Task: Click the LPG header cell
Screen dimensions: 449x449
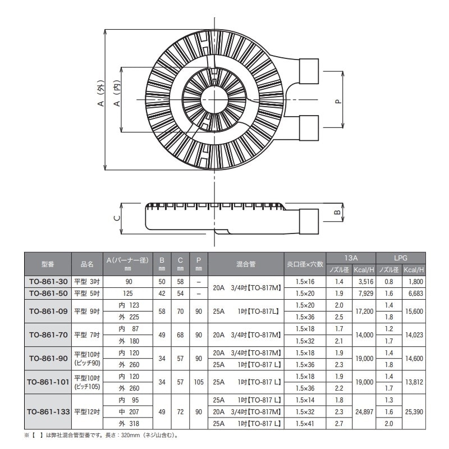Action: point(401,257)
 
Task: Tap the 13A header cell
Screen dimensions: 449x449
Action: point(351,257)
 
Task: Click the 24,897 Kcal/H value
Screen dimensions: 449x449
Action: point(364,411)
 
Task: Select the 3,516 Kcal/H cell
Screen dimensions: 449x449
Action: point(364,282)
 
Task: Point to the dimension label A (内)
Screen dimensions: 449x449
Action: point(117,96)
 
